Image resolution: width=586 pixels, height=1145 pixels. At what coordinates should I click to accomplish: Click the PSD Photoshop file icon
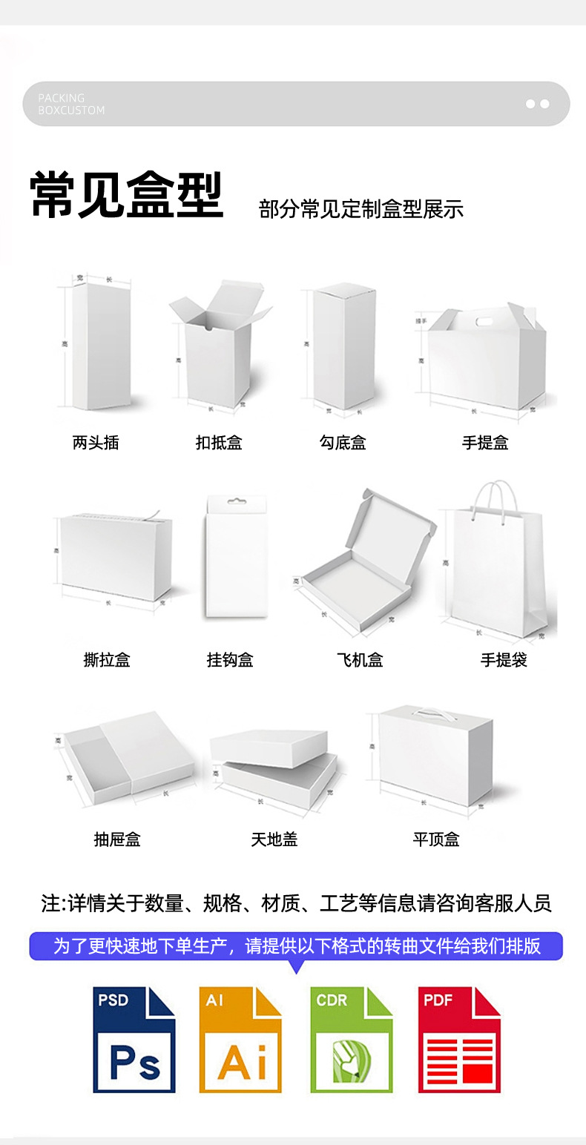(x=134, y=1039)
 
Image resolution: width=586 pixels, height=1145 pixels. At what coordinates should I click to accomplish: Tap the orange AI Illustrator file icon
(x=240, y=1039)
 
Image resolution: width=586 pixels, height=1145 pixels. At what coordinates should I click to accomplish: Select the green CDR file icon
(x=351, y=1039)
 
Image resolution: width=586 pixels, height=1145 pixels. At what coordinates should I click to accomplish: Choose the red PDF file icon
(x=459, y=1039)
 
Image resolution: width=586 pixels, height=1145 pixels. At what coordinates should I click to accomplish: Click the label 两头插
(x=96, y=443)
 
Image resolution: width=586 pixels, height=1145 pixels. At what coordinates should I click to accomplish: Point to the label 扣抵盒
(x=219, y=443)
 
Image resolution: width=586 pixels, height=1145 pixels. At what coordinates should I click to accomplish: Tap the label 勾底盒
(x=343, y=443)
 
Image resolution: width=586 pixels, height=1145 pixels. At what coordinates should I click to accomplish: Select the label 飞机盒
(x=360, y=659)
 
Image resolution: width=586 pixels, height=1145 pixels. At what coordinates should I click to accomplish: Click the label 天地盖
(x=274, y=839)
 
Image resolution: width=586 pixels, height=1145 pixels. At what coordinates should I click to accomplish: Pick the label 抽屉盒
(x=117, y=839)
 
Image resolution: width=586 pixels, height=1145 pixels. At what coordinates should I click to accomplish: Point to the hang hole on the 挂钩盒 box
(x=236, y=501)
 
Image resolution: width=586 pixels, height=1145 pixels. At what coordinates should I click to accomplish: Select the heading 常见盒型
(x=126, y=196)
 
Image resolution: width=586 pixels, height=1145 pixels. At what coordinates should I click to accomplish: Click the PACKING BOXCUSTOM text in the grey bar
(x=71, y=104)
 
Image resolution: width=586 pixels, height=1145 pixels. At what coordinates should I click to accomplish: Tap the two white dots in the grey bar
(x=537, y=104)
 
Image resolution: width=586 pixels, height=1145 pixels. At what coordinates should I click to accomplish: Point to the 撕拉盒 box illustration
(x=116, y=556)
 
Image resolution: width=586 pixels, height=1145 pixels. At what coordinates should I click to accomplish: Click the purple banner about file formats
(x=296, y=946)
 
